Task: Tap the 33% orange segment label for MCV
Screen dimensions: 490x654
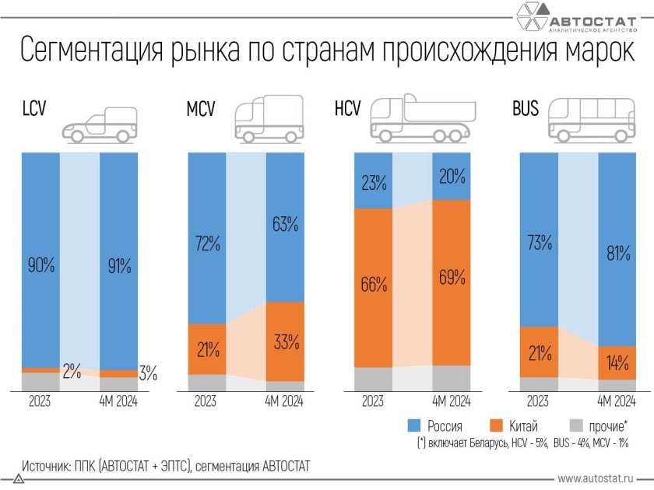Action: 286,341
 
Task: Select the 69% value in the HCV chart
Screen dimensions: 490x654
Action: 452,278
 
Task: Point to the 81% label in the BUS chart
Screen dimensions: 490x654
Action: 617,254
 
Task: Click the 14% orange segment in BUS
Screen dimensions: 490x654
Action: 617,362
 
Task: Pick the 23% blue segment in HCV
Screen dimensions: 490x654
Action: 373,184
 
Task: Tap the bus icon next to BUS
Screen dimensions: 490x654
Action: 590,121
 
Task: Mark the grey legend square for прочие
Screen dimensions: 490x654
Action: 577,425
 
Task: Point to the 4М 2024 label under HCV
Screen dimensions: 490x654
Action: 452,401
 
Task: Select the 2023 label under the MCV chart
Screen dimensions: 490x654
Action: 206,401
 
